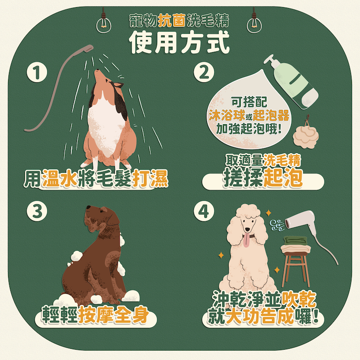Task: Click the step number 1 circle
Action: tap(37, 72)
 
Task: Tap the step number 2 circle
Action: tap(204, 72)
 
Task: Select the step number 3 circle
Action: tap(37, 211)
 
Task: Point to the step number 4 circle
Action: tap(204, 211)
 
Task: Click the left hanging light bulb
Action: tap(103, 24)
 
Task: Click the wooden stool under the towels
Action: tap(296, 269)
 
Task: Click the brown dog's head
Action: tap(102, 218)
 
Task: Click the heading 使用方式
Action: tap(179, 42)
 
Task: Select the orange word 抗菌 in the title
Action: tap(172, 20)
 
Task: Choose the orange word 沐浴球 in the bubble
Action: tap(227, 115)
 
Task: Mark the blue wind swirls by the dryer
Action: tap(278, 225)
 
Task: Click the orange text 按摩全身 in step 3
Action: tap(113, 315)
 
